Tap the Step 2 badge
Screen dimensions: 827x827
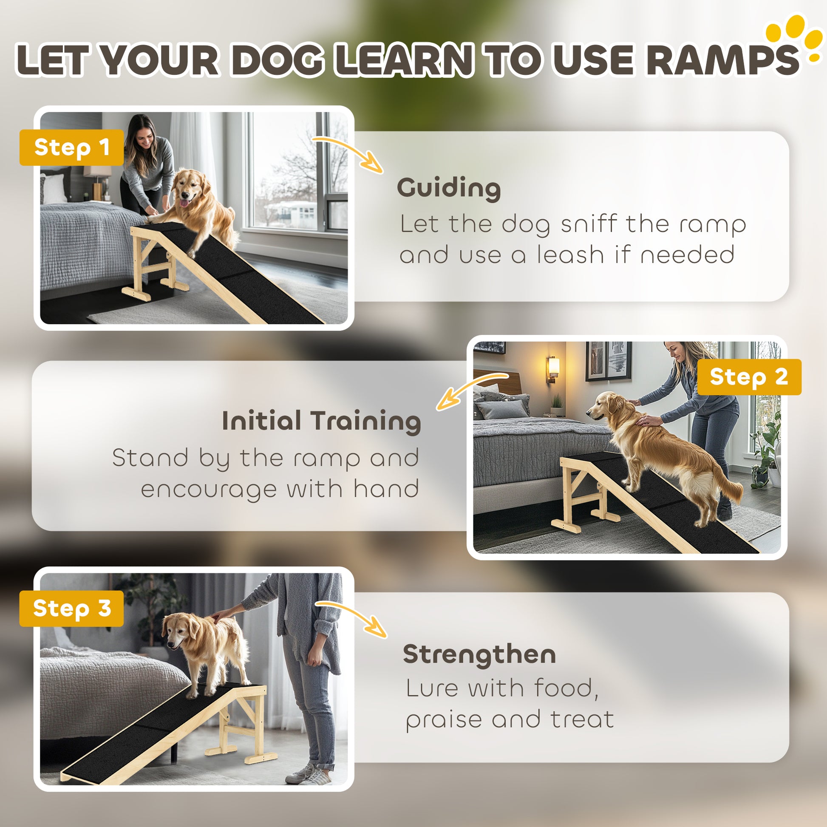pyautogui.click(x=749, y=377)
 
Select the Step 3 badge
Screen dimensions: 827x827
pyautogui.click(x=71, y=608)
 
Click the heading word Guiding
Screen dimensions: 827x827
pyautogui.click(x=449, y=189)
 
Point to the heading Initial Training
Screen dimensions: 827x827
pyautogui.click(x=321, y=422)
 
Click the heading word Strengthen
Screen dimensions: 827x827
pyautogui.click(x=479, y=654)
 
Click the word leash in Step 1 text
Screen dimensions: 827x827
pyautogui.click(x=572, y=255)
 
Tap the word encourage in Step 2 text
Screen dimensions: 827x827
pyautogui.click(x=209, y=490)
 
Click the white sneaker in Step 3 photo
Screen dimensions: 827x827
pyautogui.click(x=307, y=774)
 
